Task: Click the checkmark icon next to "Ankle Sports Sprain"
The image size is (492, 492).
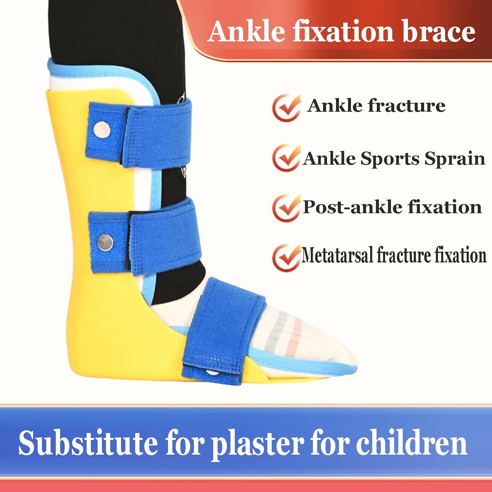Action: (x=286, y=158)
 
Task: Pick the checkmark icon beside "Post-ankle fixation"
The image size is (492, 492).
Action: (x=286, y=208)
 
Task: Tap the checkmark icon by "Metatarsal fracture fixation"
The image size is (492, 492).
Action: (x=286, y=257)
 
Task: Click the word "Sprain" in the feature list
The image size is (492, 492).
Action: (x=455, y=159)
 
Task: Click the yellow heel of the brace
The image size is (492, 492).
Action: (x=98, y=354)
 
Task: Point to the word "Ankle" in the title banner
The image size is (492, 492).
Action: (x=247, y=32)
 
